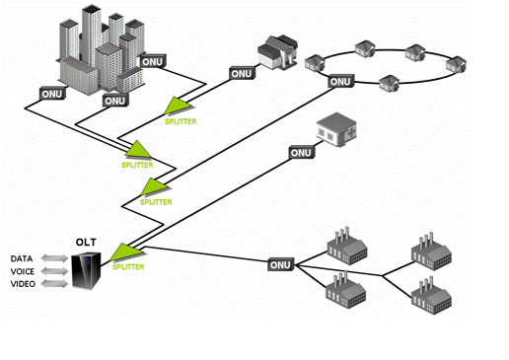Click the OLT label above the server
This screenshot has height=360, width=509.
click(x=86, y=243)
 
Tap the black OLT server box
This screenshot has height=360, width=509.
click(x=86, y=270)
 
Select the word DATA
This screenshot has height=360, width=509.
click(x=22, y=258)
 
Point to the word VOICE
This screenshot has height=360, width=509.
click(x=23, y=271)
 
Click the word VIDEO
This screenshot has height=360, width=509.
click(x=23, y=284)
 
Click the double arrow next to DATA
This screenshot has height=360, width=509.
click(x=54, y=258)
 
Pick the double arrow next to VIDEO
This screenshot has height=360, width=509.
click(x=54, y=284)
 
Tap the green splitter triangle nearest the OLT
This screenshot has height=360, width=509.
click(x=126, y=252)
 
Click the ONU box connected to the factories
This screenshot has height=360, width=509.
click(x=280, y=264)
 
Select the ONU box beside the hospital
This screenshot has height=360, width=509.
click(x=302, y=153)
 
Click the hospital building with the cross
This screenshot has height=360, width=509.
click(x=336, y=129)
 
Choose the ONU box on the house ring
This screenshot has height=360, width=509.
click(x=341, y=81)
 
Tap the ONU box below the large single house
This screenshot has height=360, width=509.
click(x=242, y=74)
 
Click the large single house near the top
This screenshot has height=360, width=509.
click(x=277, y=52)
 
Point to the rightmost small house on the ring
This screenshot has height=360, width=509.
click(x=456, y=64)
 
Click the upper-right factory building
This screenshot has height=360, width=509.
click(x=431, y=252)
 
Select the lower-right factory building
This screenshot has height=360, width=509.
click(x=431, y=296)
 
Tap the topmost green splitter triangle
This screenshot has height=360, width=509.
click(x=178, y=106)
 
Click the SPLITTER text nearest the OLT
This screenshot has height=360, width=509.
click(x=128, y=266)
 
